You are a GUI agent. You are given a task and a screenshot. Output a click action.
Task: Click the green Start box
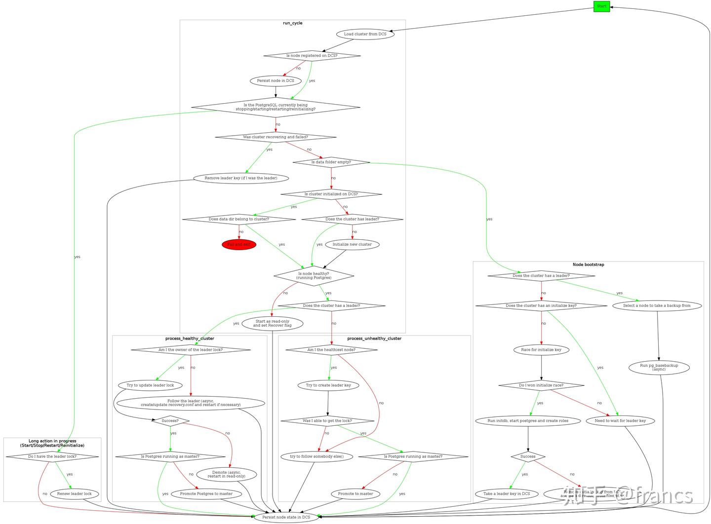coord(601,6)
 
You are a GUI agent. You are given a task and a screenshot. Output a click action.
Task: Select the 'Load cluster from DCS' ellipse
coord(365,34)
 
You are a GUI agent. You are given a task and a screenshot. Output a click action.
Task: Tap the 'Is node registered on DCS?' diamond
coord(312,56)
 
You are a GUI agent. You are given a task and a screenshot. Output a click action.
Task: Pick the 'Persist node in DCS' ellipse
coord(276,80)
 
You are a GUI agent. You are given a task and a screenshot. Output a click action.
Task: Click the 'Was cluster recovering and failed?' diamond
coord(276,137)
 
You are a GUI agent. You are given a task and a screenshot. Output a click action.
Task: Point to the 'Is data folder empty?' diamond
coord(331,162)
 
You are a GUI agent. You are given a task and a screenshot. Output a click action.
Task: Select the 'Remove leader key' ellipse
coord(241,178)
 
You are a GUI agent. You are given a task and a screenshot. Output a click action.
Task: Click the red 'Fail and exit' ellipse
coord(239,244)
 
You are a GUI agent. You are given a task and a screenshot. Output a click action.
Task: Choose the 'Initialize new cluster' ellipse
coord(352,244)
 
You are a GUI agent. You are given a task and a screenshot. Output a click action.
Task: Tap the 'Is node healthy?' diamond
coord(314,276)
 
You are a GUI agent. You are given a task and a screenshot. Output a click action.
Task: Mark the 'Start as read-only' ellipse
coord(272,323)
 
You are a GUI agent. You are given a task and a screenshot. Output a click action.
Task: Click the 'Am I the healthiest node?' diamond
coord(331,350)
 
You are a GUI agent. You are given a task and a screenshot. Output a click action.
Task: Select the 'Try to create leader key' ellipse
coord(328,385)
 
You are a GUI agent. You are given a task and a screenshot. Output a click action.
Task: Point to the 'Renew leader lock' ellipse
coord(75,493)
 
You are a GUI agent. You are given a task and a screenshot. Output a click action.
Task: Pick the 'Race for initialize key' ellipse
coord(541,350)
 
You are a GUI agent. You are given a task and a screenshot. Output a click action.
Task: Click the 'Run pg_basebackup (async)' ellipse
coord(659,367)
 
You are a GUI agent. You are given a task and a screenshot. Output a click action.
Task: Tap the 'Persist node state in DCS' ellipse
coord(286,517)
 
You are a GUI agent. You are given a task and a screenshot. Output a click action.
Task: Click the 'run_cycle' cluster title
coord(293,23)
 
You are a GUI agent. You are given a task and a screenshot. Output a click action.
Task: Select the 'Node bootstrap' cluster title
coord(588,265)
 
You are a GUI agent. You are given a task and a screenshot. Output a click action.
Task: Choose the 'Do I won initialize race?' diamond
coord(541,385)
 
